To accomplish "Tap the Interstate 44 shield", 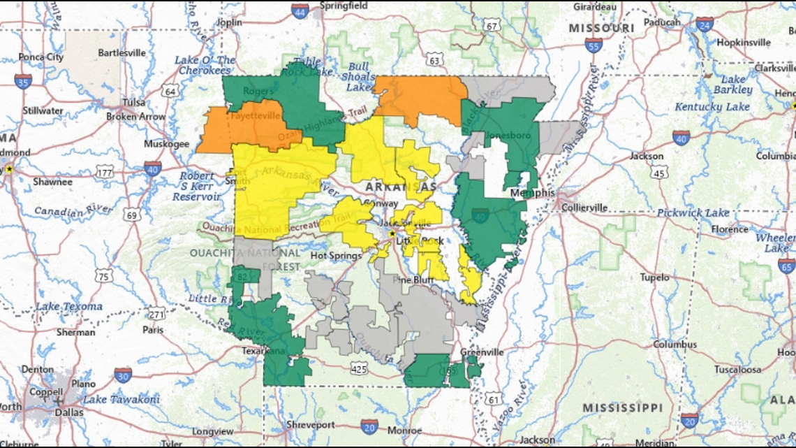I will point(300,10).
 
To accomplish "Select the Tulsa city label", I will point(133,102).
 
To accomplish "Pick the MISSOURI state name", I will point(601,28).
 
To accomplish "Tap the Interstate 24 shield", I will point(705,24).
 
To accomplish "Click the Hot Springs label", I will point(336,256).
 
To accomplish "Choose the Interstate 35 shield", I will point(23,81).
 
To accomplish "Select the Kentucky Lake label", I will point(712,107).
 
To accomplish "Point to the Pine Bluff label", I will point(413,280).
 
